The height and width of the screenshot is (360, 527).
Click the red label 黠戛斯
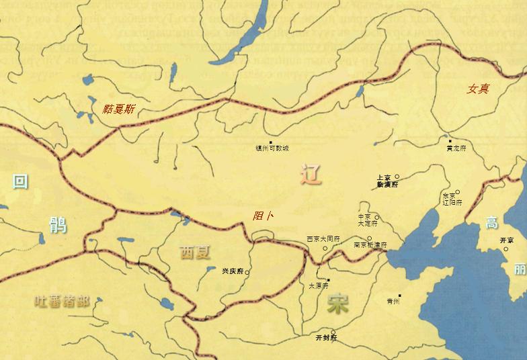pyautogui.click(x=118, y=108)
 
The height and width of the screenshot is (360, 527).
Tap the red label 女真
pyautogui.click(x=478, y=89)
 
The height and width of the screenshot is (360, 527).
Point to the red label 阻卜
pyautogui.click(x=263, y=216)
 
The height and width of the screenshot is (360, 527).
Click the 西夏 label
pyautogui.click(x=195, y=253)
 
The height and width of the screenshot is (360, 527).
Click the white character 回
pyautogui.click(x=21, y=181)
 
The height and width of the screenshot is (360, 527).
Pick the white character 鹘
pyautogui.click(x=57, y=224)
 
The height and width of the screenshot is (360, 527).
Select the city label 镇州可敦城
pyautogui.click(x=272, y=148)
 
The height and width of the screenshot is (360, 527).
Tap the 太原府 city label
pyautogui.click(x=319, y=285)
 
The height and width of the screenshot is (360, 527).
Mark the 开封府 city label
pyautogui.click(x=325, y=338)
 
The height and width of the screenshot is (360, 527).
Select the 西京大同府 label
pyautogui.click(x=323, y=238)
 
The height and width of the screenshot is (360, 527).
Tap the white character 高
pyautogui.click(x=492, y=224)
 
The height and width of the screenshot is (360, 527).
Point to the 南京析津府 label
pyautogui.click(x=371, y=246)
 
